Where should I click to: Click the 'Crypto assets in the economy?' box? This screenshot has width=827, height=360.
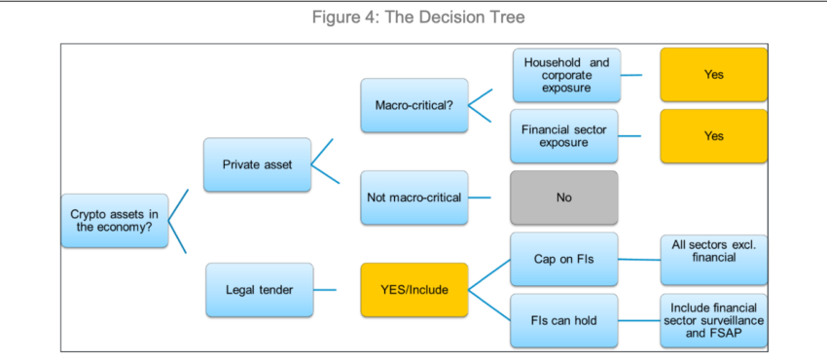[113, 221]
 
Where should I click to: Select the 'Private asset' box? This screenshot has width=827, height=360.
[257, 164]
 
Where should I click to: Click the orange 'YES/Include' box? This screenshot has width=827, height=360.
[413, 290]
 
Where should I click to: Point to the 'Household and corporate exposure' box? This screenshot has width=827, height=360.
[566, 75]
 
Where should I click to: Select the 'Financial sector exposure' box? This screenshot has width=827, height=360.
[563, 136]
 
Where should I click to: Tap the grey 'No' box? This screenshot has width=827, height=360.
[563, 198]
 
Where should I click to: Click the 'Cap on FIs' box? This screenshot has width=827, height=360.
[563, 259]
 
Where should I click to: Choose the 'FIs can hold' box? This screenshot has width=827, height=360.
[563, 320]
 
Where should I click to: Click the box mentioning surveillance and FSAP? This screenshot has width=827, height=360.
[713, 320]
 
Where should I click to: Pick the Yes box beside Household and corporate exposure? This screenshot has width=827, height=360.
[713, 75]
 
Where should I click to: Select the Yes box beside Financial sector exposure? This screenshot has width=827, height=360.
[713, 136]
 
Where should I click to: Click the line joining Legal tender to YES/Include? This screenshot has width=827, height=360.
[337, 290]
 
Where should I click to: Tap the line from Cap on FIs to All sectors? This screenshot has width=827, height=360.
[638, 259]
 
